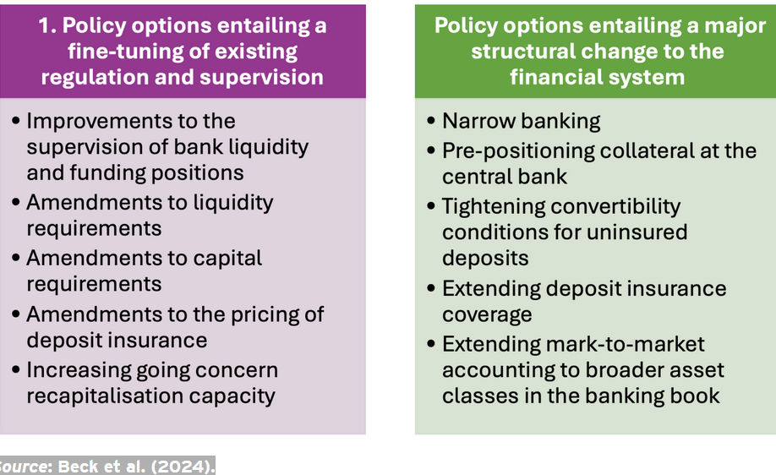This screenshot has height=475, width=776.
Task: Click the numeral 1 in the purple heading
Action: [44, 25]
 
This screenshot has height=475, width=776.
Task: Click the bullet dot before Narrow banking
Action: [431, 120]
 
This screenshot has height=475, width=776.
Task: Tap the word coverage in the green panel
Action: [487, 315]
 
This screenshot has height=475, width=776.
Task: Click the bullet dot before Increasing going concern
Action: [16, 369]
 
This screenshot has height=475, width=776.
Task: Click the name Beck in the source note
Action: [75, 467]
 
